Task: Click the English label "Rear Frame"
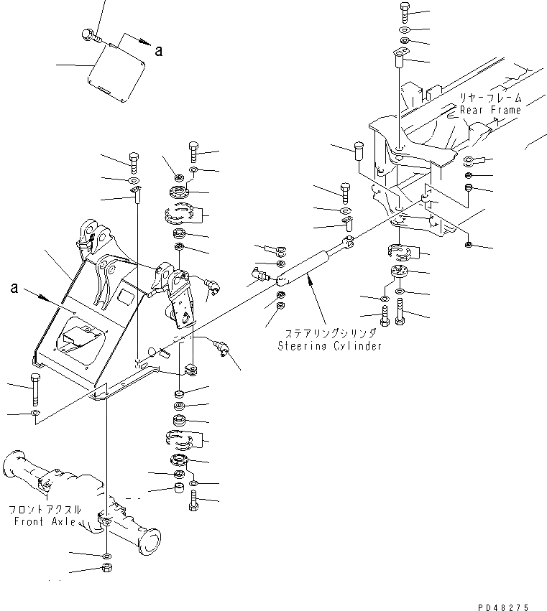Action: [x=491, y=111]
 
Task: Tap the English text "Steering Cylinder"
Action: [x=330, y=346]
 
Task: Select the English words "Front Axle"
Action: [x=44, y=521]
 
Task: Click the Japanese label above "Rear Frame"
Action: [x=492, y=97]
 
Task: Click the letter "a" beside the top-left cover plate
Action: [x=159, y=50]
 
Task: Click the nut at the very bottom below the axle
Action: [x=106, y=569]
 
